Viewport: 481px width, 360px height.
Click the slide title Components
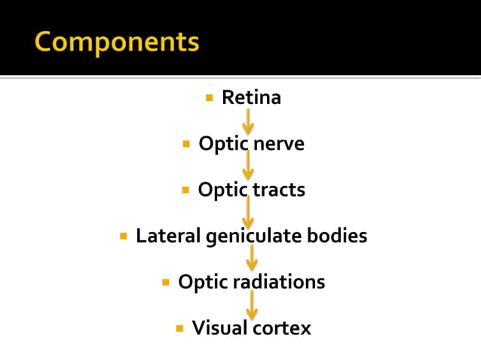pos(117,42)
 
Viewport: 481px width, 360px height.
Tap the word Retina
pos(251,98)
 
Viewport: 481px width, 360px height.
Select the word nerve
pos(278,144)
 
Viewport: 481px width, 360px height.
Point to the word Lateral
pos(167,236)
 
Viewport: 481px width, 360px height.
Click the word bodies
pos(338,236)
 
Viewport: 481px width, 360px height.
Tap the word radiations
pos(279,282)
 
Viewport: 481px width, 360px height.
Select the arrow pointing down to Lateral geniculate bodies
pos(248,212)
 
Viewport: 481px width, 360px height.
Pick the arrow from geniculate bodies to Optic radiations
pos(252,258)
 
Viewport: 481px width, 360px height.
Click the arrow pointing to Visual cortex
pos(252,305)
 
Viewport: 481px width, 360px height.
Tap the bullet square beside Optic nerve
pos(186,144)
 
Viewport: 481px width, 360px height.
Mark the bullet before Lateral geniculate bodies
pos(124,236)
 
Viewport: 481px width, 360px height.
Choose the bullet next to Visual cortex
pos(179,328)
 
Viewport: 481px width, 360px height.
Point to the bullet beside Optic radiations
pos(166,282)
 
